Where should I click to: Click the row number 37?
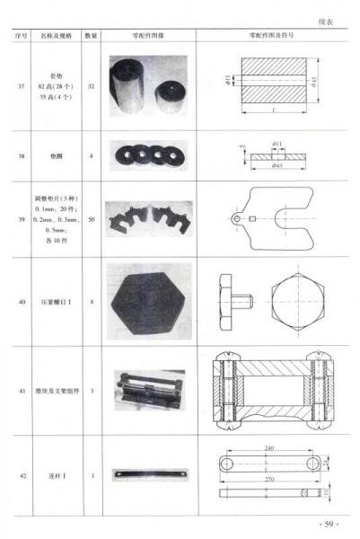coord(21,86)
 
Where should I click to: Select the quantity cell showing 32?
coord(91,86)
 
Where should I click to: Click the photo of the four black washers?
coord(148,155)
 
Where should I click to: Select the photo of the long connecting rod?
coord(149,475)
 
